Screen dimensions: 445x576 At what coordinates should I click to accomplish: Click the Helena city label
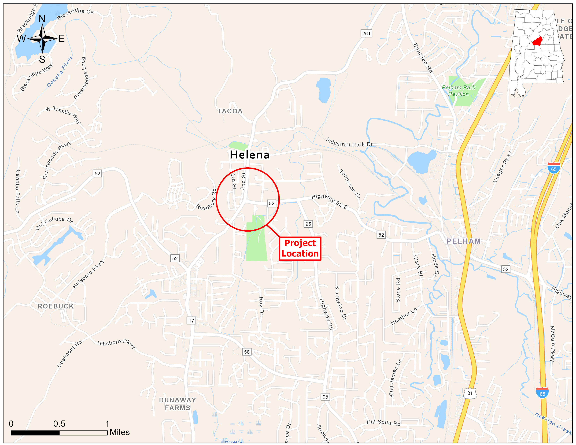coord(249,155)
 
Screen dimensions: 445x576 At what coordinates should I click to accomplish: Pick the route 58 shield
coord(247,352)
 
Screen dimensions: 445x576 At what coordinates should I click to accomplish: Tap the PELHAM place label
coord(463,241)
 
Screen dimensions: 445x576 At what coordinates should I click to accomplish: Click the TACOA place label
coord(230,111)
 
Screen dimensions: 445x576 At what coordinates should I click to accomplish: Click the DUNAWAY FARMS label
coord(178,404)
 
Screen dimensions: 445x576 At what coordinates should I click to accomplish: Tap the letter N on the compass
coord(42,18)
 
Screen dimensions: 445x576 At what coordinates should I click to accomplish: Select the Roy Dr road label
coord(261,306)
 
